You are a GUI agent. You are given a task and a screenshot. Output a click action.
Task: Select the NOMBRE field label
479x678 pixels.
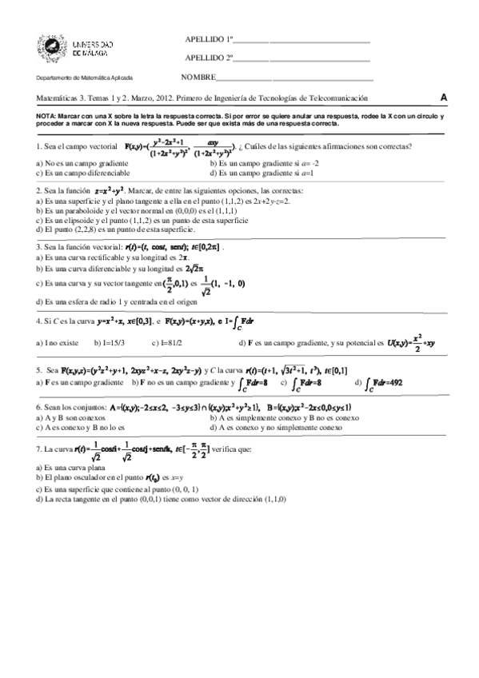[199, 78]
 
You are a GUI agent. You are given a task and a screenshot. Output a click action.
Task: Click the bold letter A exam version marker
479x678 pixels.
[444, 98]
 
